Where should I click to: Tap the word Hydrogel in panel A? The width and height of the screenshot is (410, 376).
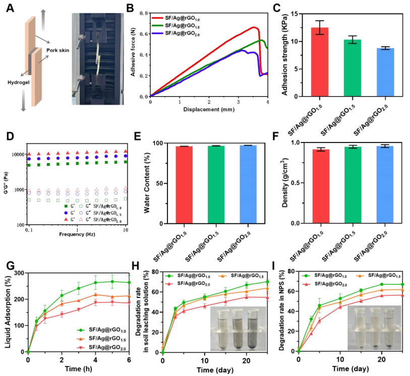click(18, 80)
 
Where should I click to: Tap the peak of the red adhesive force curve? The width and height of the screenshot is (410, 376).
click(255, 27)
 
